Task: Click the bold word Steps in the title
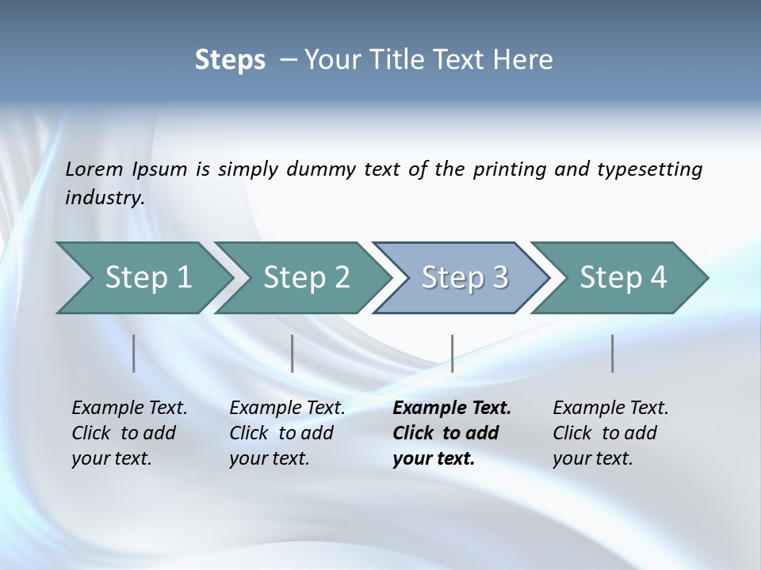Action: tap(230, 60)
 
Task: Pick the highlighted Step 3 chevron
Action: tap(465, 278)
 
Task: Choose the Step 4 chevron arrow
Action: tap(623, 278)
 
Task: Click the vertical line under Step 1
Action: tap(134, 353)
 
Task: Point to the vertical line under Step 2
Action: tap(293, 353)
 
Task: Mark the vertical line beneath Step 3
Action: tap(453, 353)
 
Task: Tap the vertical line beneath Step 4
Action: tap(613, 353)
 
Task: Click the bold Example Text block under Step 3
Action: tap(452, 433)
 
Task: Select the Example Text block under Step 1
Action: tap(129, 433)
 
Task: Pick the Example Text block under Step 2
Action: tap(287, 433)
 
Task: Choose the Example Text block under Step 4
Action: tap(610, 433)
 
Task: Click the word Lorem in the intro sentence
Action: tap(94, 169)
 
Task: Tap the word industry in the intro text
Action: tap(104, 198)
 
